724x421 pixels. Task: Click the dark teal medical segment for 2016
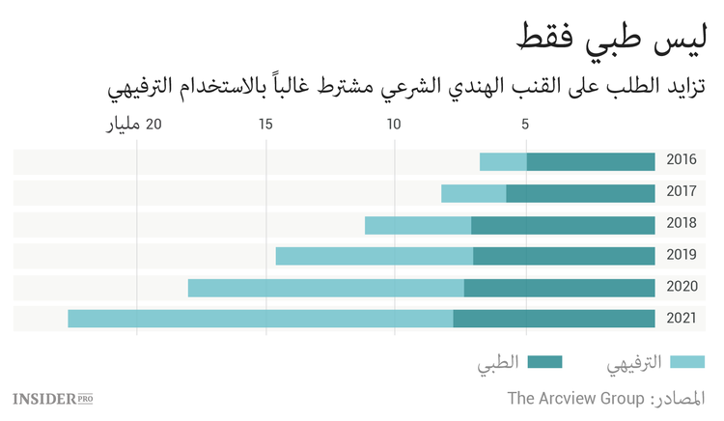590,162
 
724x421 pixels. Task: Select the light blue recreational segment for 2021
260,319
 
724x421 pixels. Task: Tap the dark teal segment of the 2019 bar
564,256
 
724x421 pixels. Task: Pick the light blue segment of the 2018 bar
418,225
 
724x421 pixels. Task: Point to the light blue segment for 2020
325,288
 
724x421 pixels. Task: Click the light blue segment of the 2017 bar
473,193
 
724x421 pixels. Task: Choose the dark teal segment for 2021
553,319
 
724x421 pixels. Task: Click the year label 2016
682,162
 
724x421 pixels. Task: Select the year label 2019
682,256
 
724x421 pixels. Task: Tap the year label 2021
682,319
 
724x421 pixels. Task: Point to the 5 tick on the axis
526,125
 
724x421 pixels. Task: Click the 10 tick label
394,125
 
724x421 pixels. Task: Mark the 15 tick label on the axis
265,125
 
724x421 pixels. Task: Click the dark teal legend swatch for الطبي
545,362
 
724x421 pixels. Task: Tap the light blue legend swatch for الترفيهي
686,362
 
